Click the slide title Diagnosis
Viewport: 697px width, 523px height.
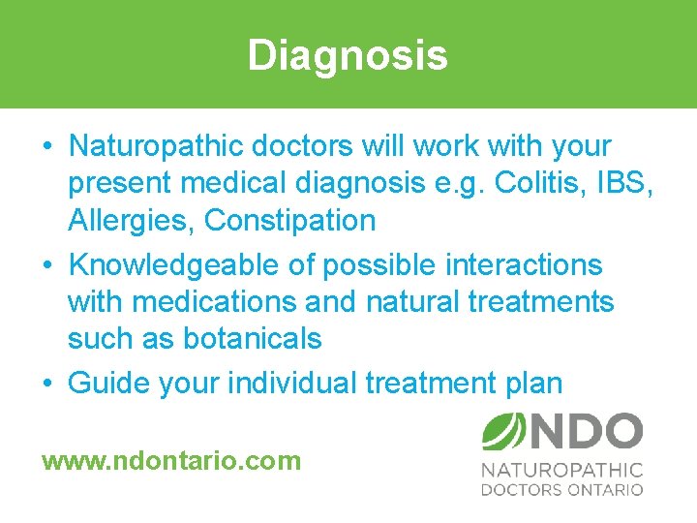(348, 55)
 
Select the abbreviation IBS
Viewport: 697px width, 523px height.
(628, 183)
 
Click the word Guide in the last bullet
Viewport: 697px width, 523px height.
(107, 383)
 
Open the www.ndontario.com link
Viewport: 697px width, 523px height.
(171, 460)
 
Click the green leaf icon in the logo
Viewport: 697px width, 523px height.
(503, 432)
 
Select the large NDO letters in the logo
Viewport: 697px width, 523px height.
(585, 432)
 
